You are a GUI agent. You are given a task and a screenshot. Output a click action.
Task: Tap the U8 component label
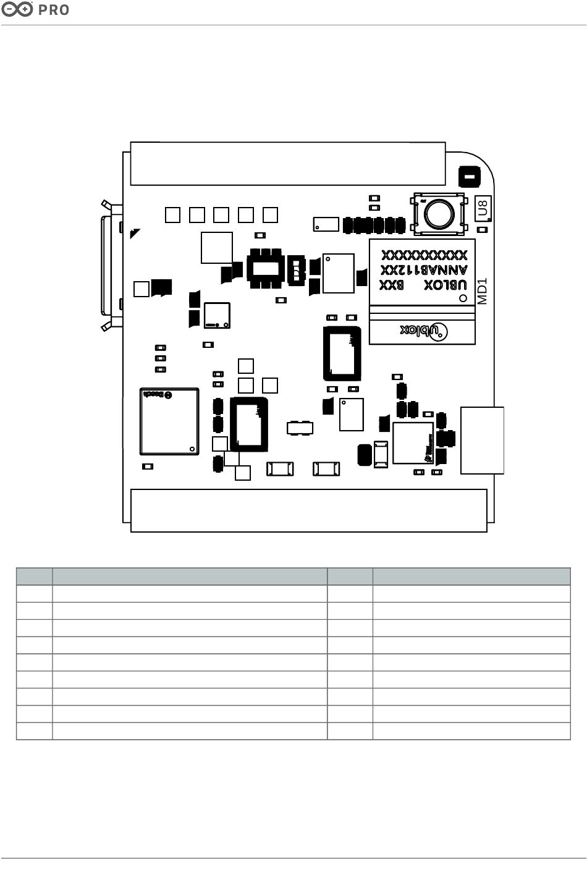484,208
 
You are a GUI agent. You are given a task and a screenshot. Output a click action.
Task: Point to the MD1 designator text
483,290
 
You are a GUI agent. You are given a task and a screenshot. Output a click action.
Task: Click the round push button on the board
439,214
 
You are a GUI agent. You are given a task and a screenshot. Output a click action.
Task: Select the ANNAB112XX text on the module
424,270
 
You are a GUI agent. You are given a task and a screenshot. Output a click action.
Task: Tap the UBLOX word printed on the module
445,285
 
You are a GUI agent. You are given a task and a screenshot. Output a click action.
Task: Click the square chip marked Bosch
169,421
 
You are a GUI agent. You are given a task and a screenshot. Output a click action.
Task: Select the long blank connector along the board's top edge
288,163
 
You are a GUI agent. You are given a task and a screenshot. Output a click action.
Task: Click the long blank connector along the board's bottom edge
309,510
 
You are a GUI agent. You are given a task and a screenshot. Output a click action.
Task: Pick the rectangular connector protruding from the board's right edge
483,440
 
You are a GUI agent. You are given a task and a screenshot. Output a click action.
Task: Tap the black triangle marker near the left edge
135,234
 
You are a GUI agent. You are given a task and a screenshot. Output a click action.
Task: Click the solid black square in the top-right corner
469,177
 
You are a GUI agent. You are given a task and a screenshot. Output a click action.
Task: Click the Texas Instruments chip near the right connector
413,442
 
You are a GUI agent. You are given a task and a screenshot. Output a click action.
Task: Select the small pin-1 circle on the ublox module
463,298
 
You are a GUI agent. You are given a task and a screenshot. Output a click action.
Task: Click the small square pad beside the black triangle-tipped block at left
141,289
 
